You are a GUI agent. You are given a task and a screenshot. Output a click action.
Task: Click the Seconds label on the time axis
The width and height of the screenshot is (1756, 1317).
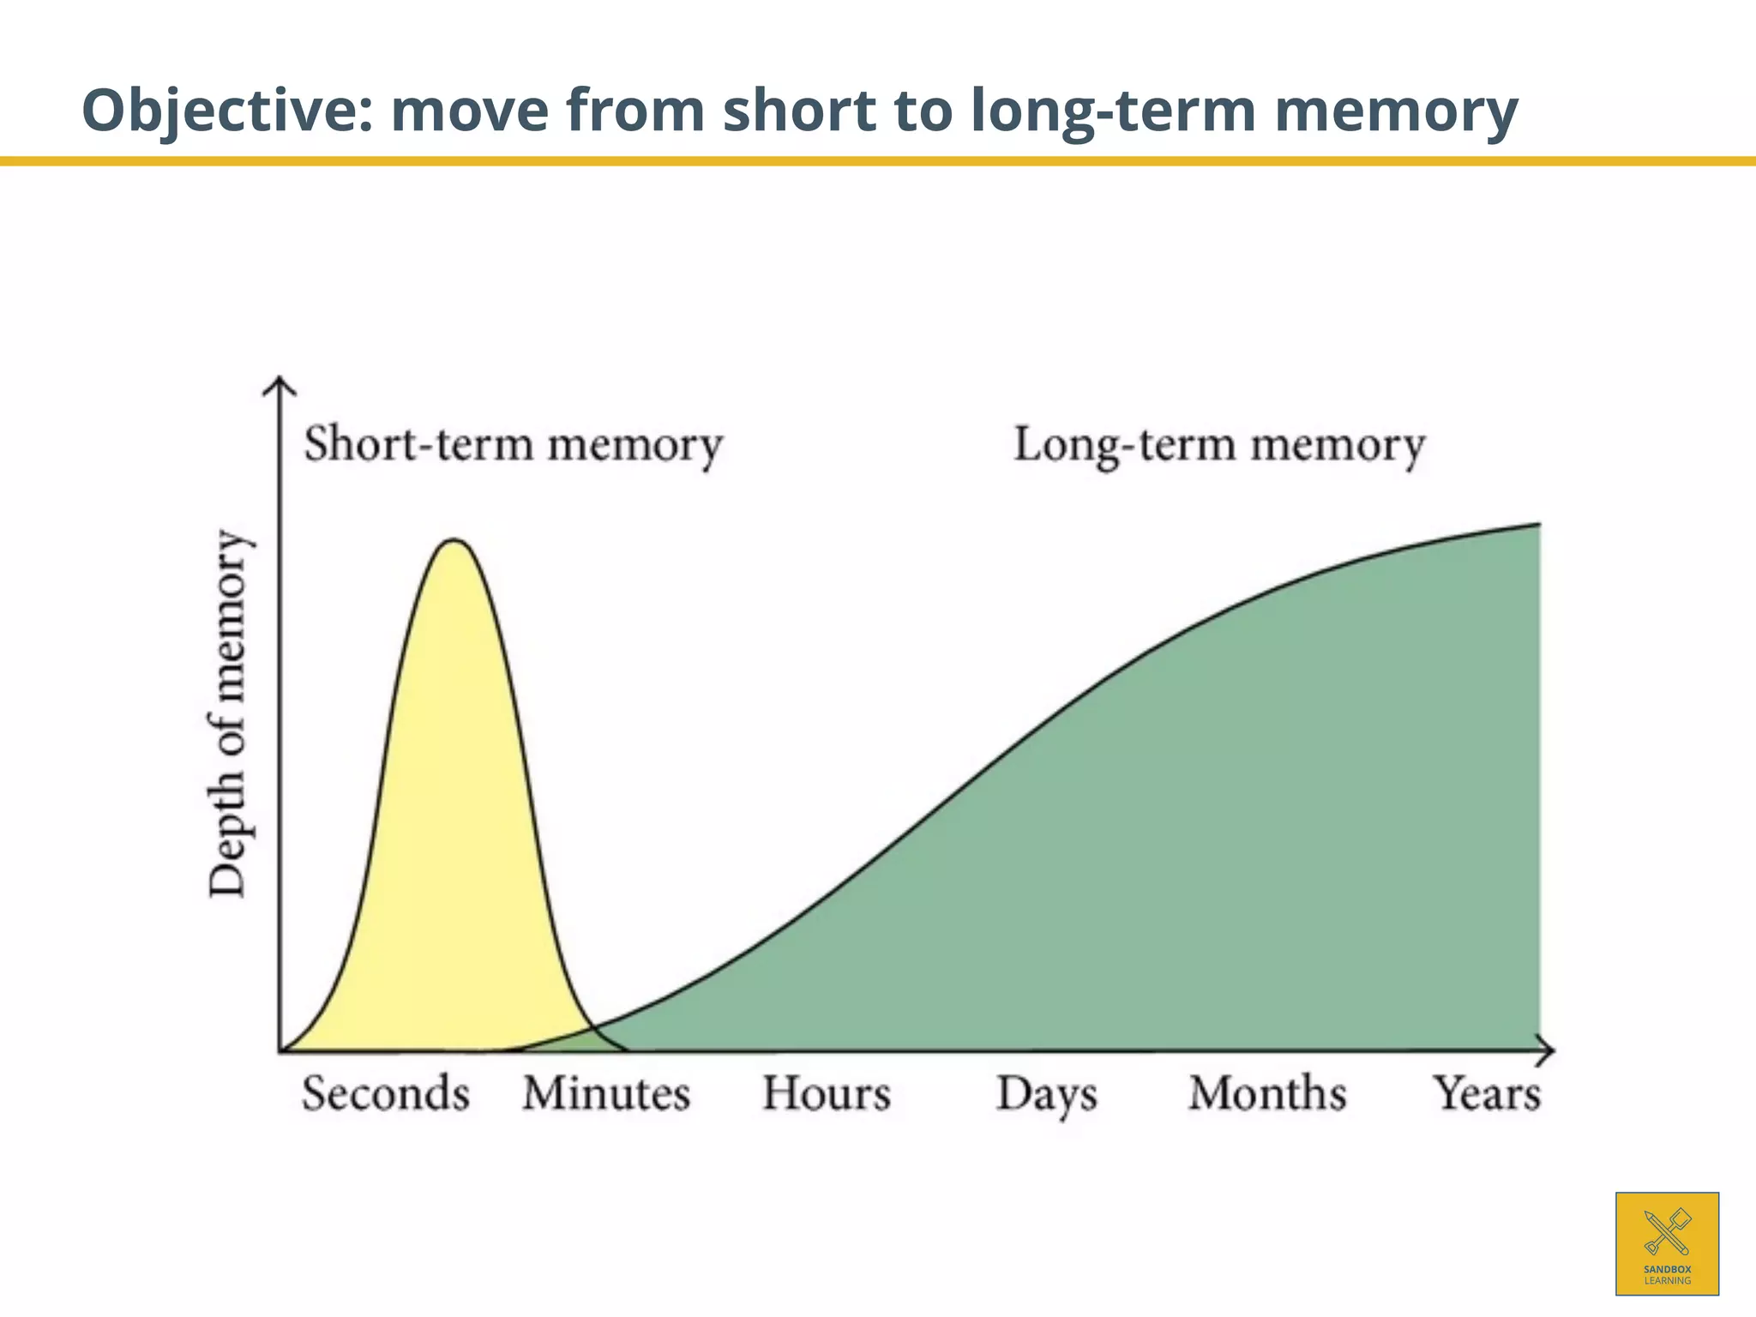386,1094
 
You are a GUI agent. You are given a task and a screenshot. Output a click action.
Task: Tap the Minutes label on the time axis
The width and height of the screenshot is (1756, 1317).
606,1094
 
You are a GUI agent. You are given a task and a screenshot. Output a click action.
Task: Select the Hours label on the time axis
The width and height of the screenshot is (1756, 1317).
827,1094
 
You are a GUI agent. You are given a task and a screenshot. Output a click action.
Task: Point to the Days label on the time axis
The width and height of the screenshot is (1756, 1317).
1047,1096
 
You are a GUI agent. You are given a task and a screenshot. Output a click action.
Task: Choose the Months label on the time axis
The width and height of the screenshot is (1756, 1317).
1267,1094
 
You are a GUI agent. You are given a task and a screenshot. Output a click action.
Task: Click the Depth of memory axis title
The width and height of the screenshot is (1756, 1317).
229,713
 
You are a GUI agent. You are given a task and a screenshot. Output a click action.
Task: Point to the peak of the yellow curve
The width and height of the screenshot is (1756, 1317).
454,541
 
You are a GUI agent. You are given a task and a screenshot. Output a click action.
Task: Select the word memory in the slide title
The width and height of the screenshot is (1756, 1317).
1396,111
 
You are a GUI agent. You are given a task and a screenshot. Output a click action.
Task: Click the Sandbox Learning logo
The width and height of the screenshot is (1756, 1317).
1667,1243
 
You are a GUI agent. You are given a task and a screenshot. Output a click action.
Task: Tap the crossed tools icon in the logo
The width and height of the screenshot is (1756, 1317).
1667,1231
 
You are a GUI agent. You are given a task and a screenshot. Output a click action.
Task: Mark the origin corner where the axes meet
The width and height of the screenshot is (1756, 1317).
280,1050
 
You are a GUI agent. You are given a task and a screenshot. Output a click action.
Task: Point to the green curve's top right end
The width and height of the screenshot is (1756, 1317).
1538,525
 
